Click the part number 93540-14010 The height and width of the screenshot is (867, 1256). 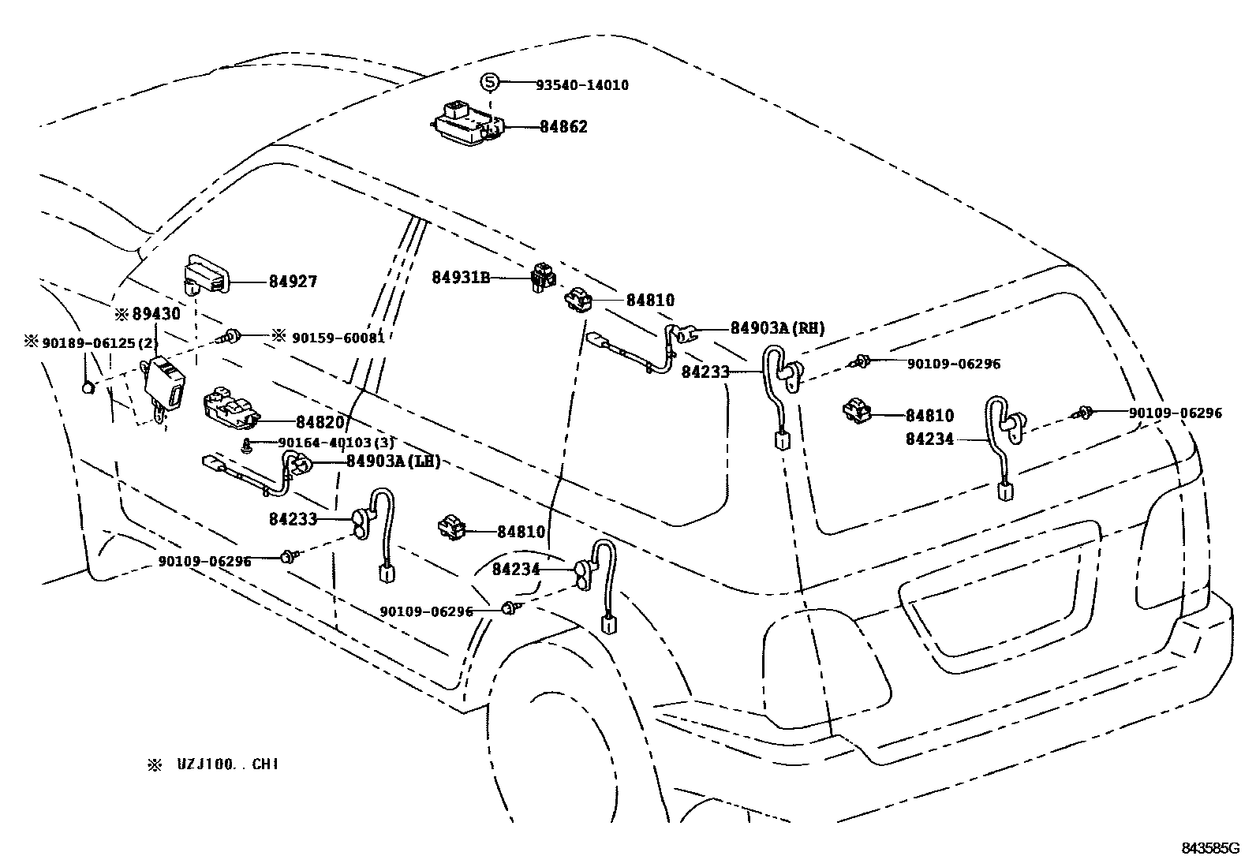pyautogui.click(x=581, y=85)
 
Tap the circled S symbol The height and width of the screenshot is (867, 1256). pyautogui.click(x=490, y=82)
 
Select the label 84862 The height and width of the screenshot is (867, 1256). pyautogui.click(x=563, y=127)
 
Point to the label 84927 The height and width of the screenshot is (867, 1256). pyautogui.click(x=293, y=282)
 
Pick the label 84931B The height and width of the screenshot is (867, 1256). pyautogui.click(x=461, y=278)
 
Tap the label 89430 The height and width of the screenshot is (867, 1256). pyautogui.click(x=155, y=314)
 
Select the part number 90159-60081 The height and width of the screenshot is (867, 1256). pyautogui.click(x=338, y=338)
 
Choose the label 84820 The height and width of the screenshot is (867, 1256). pyautogui.click(x=320, y=423)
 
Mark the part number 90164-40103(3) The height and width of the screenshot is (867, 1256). pyautogui.click(x=335, y=443)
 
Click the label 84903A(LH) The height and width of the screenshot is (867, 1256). pyautogui.click(x=393, y=462)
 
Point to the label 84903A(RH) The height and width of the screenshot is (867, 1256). pyautogui.click(x=777, y=328)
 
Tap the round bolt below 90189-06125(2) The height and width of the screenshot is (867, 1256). pyautogui.click(x=89, y=387)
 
